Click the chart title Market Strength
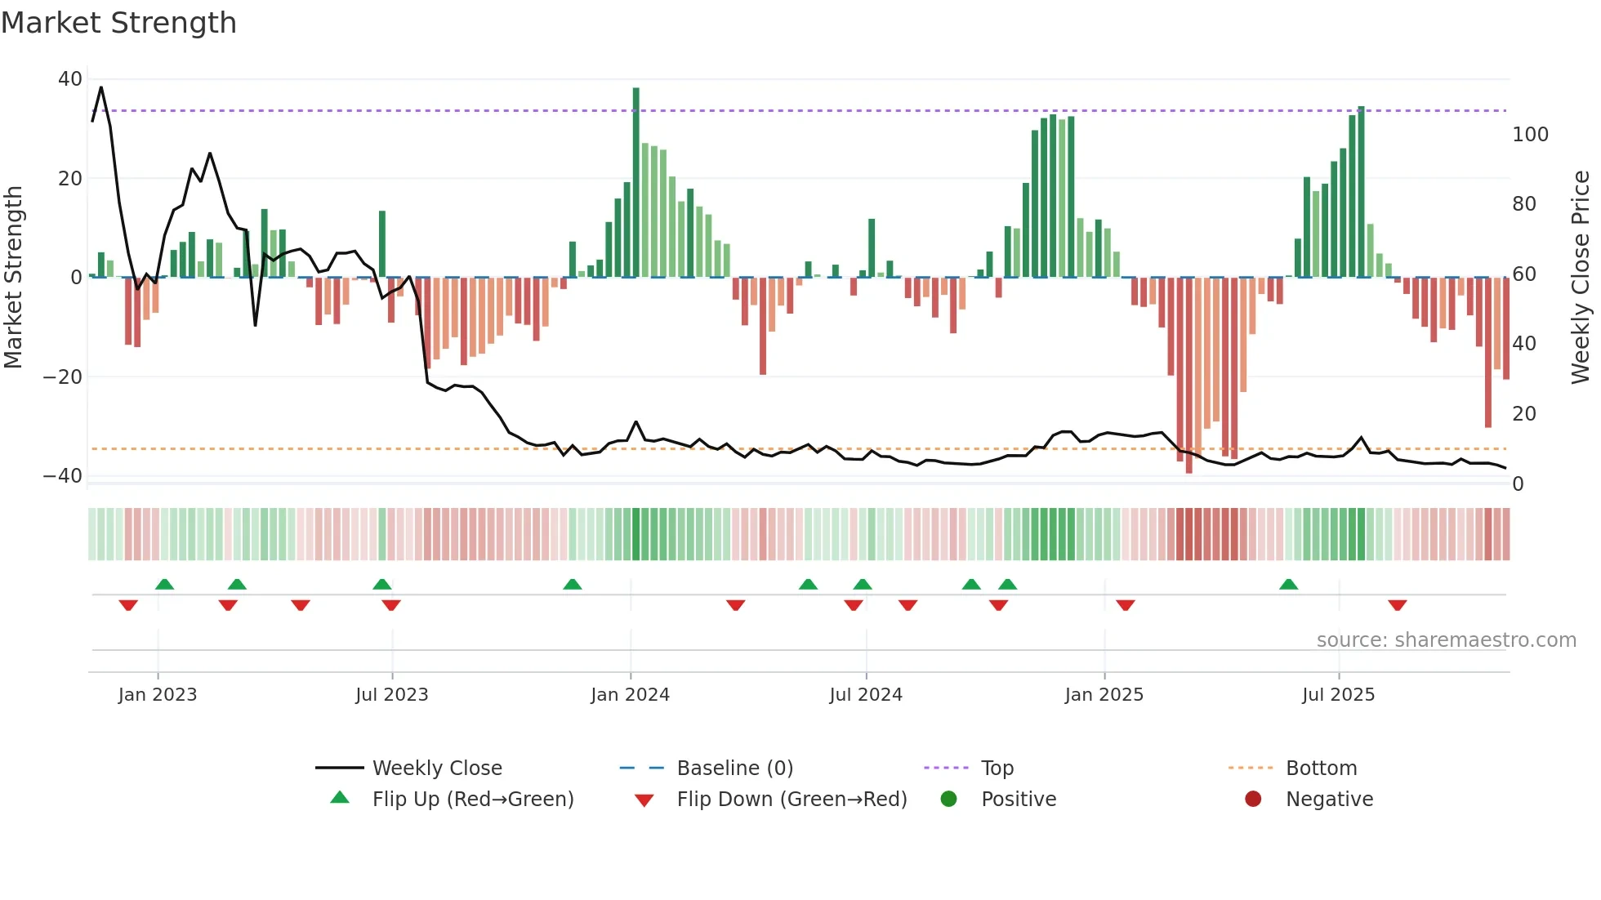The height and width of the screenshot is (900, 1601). point(118,23)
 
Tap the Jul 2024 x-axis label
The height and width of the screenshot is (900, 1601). point(865,695)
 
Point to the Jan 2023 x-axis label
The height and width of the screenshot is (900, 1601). point(158,695)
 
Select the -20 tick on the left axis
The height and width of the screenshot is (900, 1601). point(62,377)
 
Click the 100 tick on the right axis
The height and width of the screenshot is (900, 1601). point(1530,135)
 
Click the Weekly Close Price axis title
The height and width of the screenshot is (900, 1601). point(1581,278)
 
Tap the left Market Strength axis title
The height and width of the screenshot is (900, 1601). point(13,278)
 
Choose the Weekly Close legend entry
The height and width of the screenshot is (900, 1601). point(436,769)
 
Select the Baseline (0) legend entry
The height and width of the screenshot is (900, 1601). point(734,769)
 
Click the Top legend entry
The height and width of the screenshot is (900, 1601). point(997,769)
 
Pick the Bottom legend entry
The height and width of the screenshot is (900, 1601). point(1321,769)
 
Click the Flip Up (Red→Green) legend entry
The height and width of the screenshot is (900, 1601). point(472,800)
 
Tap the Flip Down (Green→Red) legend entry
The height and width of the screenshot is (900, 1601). point(791,800)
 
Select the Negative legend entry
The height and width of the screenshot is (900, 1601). point(1328,800)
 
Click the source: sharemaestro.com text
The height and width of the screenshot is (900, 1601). point(1446,640)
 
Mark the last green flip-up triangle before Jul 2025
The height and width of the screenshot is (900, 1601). point(1288,585)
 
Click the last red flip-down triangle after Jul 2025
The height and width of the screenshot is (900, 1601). point(1397,605)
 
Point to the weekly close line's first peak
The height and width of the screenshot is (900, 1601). point(101,87)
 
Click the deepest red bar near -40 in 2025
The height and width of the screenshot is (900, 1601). point(1188,376)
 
